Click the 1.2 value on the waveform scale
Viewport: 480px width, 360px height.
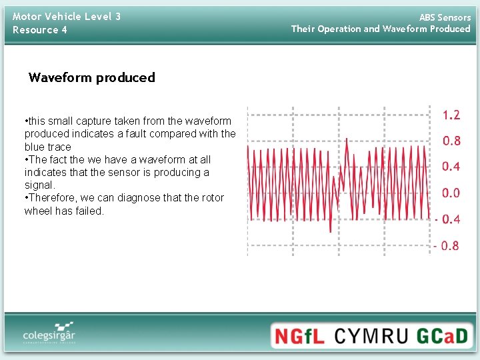pos(451,115)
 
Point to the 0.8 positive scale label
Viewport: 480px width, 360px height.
pos(451,141)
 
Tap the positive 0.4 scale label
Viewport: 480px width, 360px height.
pos(451,167)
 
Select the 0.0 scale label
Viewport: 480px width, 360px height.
pos(451,193)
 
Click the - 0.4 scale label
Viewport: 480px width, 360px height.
pos(447,219)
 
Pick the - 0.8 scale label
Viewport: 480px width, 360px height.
pos(446,246)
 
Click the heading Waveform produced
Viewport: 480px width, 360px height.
pos(91,77)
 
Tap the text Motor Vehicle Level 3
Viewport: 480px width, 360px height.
pos(67,16)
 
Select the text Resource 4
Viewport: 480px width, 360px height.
pos(40,30)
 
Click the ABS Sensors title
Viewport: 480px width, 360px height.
pos(445,17)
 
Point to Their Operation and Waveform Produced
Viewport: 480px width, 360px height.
pos(381,29)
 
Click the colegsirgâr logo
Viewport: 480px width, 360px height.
pos(49,333)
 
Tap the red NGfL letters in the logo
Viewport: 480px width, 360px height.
pos(300,336)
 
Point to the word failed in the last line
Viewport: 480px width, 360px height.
pos(89,211)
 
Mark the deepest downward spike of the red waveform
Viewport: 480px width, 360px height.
pos(330,231)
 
